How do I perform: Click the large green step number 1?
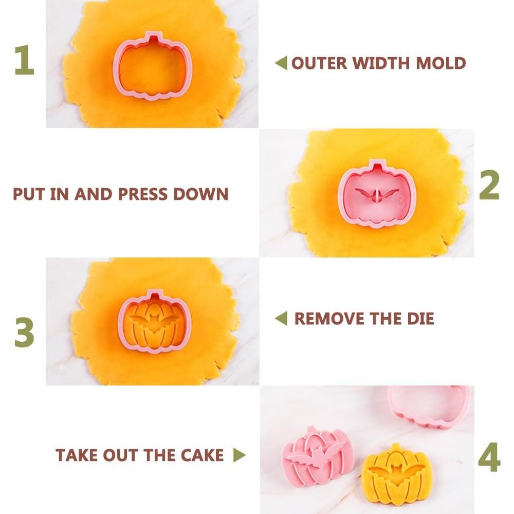pyautogui.click(x=24, y=61)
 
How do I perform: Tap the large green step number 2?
pyautogui.click(x=489, y=186)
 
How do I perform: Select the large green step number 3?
pyautogui.click(x=24, y=332)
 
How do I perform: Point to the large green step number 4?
pyautogui.click(x=489, y=458)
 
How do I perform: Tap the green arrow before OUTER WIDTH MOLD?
pyautogui.click(x=281, y=63)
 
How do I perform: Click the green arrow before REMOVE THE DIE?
pyautogui.click(x=281, y=319)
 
